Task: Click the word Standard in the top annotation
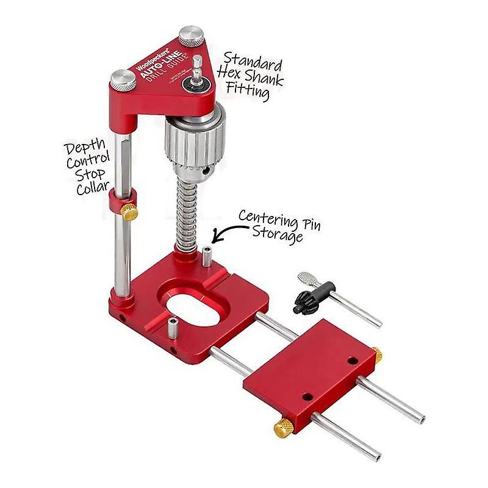pos(252,62)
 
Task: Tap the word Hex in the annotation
pos(232,77)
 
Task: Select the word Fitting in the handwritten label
pos(247,93)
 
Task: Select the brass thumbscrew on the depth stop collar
pos(129,212)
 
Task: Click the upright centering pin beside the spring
pos(207,257)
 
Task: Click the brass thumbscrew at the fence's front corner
pos(282,429)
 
